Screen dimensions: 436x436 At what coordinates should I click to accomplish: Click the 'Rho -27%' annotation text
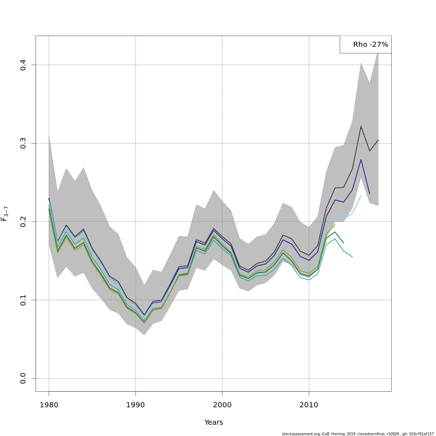(x=371, y=45)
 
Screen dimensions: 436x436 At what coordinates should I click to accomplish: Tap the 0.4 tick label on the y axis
(x=23, y=65)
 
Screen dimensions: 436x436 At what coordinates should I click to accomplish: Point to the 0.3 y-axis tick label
(x=23, y=143)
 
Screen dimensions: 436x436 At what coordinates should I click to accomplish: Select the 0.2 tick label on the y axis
(x=23, y=222)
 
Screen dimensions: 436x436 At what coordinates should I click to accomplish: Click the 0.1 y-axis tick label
(x=23, y=300)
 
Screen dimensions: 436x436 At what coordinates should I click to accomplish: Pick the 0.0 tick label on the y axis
(x=23, y=378)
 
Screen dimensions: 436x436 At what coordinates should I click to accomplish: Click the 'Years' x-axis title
(x=214, y=423)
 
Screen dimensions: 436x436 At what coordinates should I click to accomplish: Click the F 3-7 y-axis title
(x=5, y=214)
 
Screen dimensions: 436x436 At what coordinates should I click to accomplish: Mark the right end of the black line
(x=378, y=140)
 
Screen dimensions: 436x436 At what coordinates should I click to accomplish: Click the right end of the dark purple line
(x=370, y=194)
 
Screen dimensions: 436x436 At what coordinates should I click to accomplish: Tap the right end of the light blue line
(x=361, y=195)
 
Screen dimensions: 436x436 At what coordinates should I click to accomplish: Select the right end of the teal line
(x=352, y=257)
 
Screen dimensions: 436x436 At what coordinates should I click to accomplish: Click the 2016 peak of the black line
(x=361, y=126)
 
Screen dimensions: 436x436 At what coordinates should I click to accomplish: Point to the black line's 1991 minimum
(x=144, y=315)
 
